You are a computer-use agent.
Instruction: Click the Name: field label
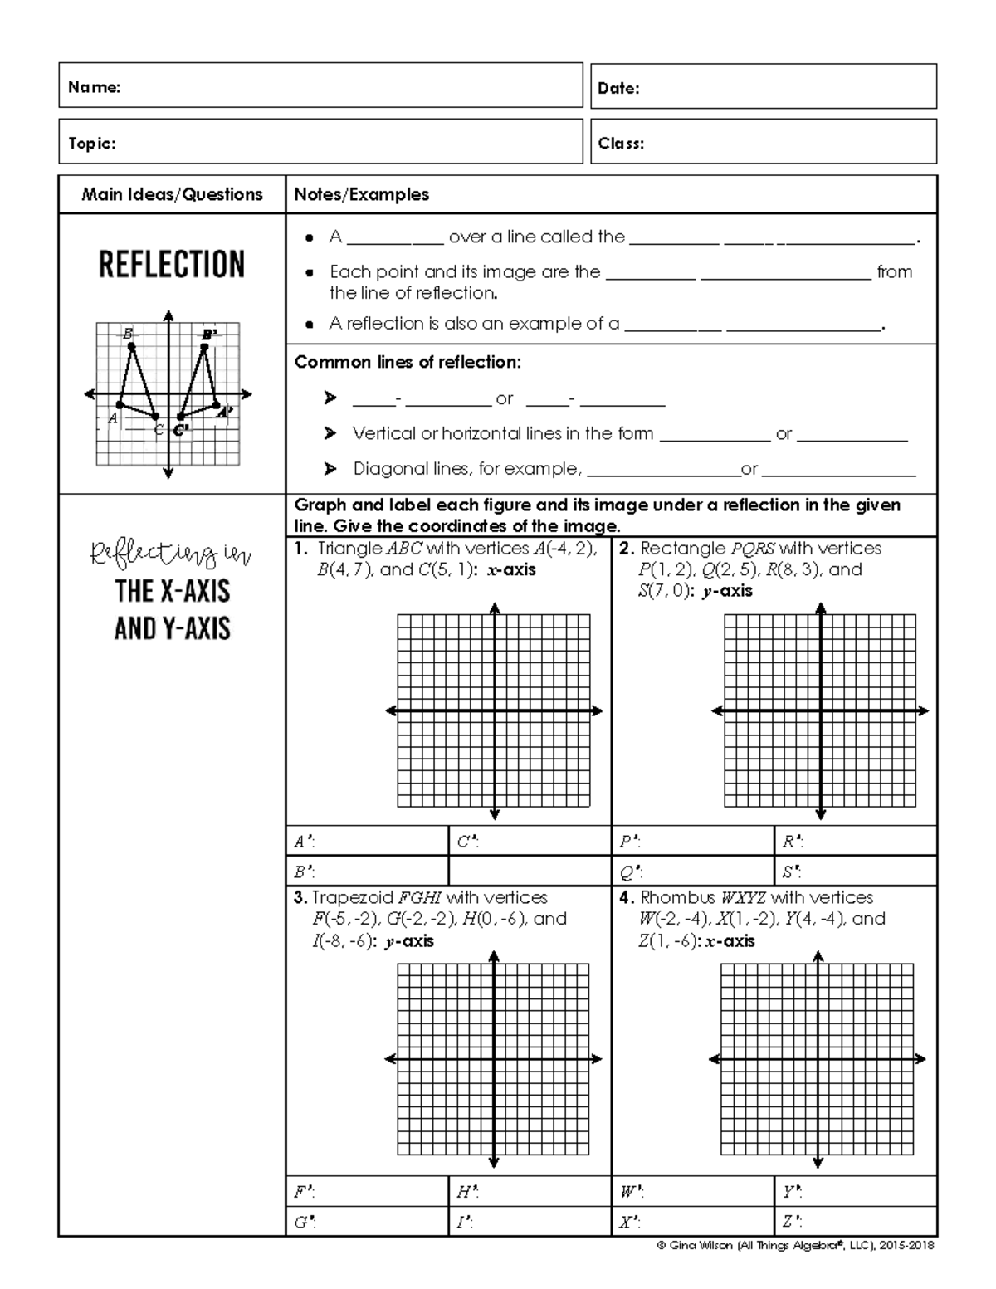pyautogui.click(x=94, y=87)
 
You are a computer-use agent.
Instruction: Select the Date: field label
pyautogui.click(x=618, y=89)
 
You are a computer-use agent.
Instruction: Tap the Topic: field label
pyautogui.click(x=91, y=144)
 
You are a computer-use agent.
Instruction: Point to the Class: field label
pyautogui.click(x=621, y=144)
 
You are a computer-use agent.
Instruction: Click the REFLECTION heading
pyautogui.click(x=172, y=265)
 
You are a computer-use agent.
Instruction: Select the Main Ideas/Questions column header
pyautogui.click(x=172, y=195)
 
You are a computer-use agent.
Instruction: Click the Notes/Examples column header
pyautogui.click(x=361, y=195)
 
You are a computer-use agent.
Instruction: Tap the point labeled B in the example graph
pyautogui.click(x=132, y=346)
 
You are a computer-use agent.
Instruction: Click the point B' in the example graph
pyautogui.click(x=204, y=346)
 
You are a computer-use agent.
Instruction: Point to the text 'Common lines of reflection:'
pyautogui.click(x=408, y=363)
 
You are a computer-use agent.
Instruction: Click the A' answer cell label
pyautogui.click(x=304, y=842)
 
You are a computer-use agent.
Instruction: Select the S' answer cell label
pyautogui.click(x=791, y=872)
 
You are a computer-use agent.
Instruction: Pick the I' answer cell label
pyautogui.click(x=465, y=1223)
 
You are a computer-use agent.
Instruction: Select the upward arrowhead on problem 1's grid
pyautogui.click(x=495, y=608)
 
